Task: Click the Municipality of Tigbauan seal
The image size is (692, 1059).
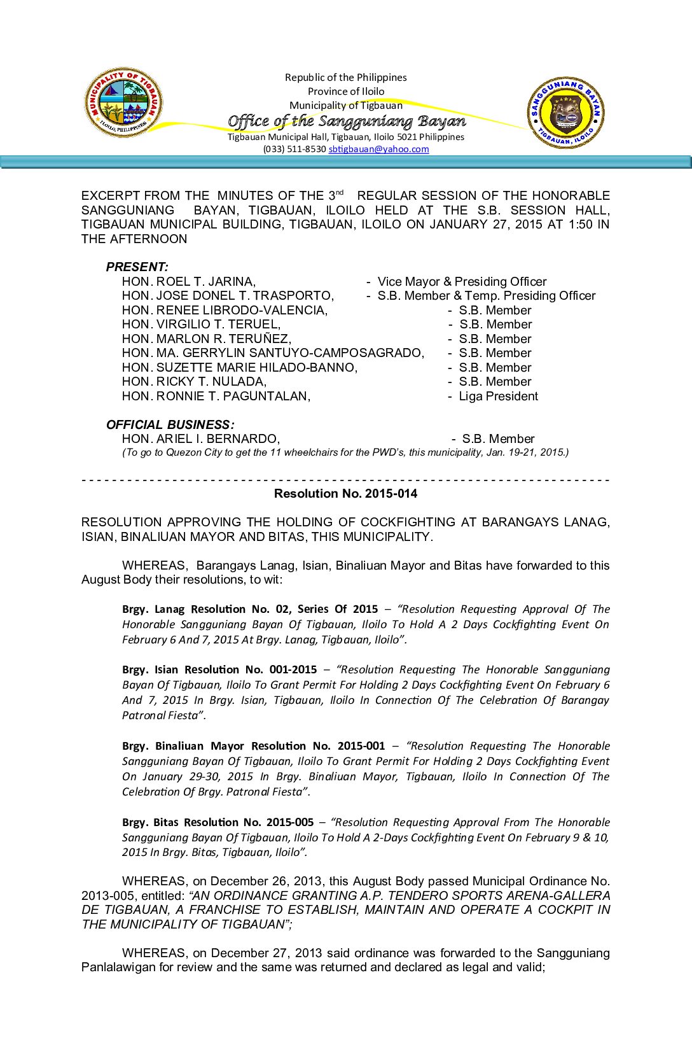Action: (x=124, y=102)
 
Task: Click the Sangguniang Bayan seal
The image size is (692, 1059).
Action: (x=565, y=113)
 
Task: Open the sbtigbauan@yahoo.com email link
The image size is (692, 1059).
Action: (x=378, y=149)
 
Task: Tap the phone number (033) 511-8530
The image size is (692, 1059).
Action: (x=294, y=149)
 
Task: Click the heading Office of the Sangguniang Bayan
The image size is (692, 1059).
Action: (x=346, y=121)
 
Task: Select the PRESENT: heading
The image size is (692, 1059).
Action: (x=137, y=267)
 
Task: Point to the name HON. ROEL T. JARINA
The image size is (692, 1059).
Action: (x=189, y=281)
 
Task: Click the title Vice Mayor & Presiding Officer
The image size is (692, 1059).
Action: (x=462, y=281)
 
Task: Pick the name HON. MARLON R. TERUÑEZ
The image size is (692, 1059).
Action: (x=207, y=339)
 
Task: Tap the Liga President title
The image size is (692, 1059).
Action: (x=498, y=396)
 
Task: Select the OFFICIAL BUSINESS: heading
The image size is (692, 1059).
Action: (x=170, y=424)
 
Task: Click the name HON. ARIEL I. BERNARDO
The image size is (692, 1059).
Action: (x=201, y=438)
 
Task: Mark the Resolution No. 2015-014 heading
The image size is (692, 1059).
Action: (x=345, y=493)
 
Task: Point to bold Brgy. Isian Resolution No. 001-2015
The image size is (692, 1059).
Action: (x=219, y=670)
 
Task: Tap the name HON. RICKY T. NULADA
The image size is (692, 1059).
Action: (x=195, y=381)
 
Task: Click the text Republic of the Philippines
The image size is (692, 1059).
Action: (x=345, y=77)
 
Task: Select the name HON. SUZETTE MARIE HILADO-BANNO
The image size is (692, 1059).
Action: (x=240, y=367)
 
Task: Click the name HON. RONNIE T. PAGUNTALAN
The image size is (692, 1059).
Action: (x=216, y=396)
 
